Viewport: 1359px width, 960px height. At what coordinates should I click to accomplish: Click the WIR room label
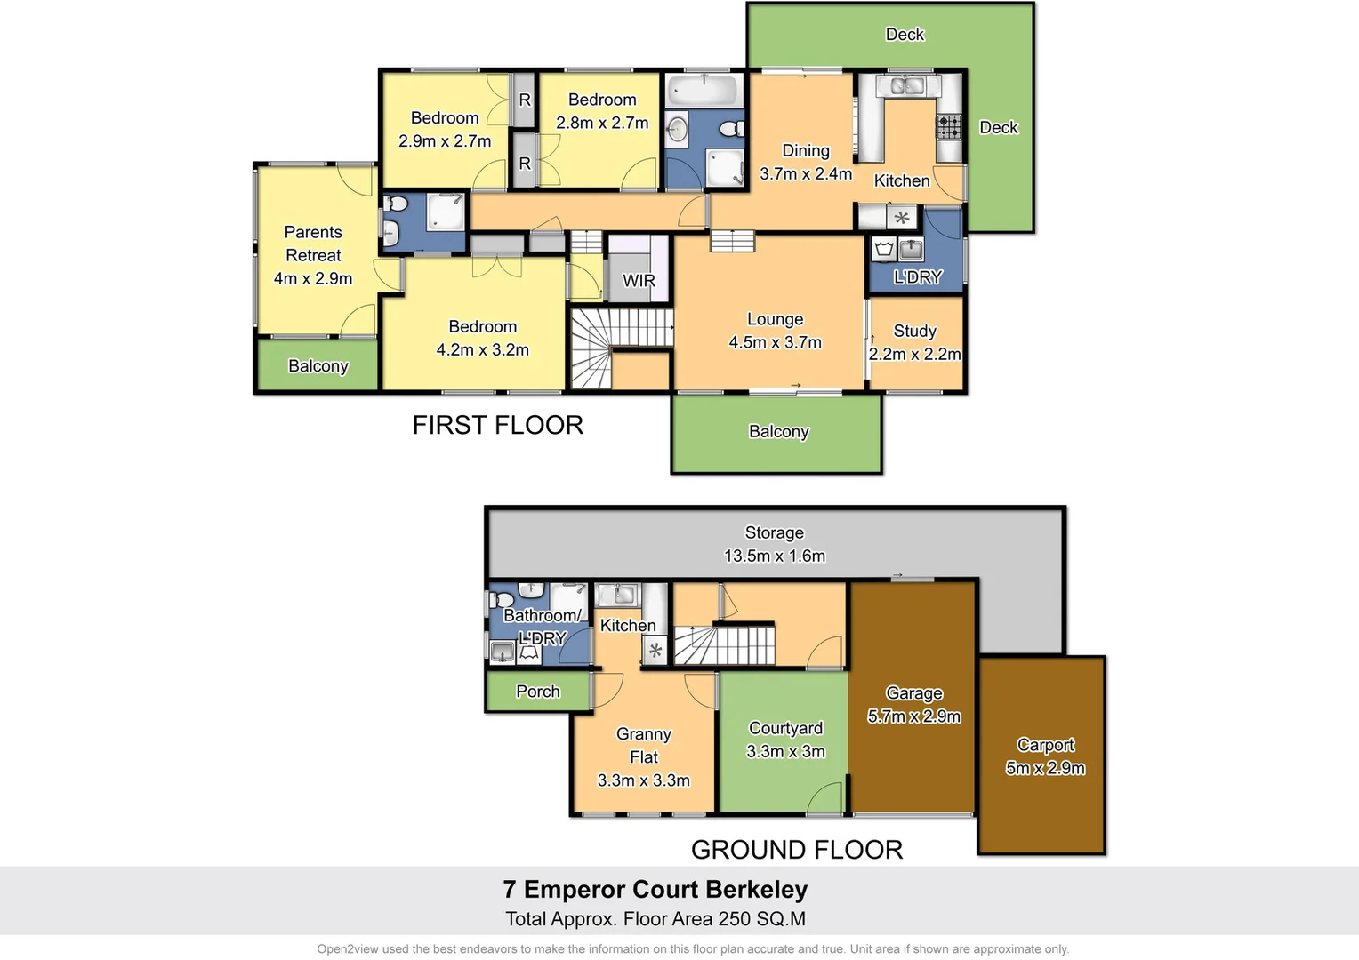point(639,281)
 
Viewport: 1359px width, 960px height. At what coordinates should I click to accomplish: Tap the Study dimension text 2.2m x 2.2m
point(914,354)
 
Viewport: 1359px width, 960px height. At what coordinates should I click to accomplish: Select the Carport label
point(1045,745)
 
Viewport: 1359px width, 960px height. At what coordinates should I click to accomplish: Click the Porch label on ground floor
point(538,692)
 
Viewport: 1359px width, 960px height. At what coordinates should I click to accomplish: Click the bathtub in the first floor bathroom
point(704,90)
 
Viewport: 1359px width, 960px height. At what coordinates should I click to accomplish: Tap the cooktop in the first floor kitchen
point(949,127)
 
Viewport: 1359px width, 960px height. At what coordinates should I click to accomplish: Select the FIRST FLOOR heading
point(498,425)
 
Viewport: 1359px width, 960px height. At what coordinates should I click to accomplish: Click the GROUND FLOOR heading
point(797,850)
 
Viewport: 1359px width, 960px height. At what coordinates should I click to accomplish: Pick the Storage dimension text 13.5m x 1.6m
point(775,556)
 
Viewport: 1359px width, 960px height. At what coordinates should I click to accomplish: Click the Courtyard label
point(785,728)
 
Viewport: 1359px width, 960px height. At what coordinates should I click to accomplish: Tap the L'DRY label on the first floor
point(917,277)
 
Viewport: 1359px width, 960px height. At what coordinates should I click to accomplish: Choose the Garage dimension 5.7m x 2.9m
point(914,716)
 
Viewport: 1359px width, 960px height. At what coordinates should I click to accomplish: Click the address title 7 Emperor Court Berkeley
point(655,889)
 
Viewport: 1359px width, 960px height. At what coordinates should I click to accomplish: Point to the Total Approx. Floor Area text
point(655,919)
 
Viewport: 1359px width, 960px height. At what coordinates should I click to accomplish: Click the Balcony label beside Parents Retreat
point(318,366)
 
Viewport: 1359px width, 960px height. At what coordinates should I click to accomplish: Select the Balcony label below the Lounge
point(779,432)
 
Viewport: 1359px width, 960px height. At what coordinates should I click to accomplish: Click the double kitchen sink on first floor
point(907,86)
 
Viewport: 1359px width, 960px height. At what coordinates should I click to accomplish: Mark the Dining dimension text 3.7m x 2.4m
point(806,174)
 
